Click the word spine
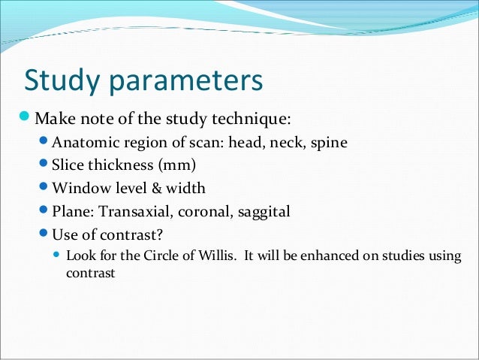(328, 143)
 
